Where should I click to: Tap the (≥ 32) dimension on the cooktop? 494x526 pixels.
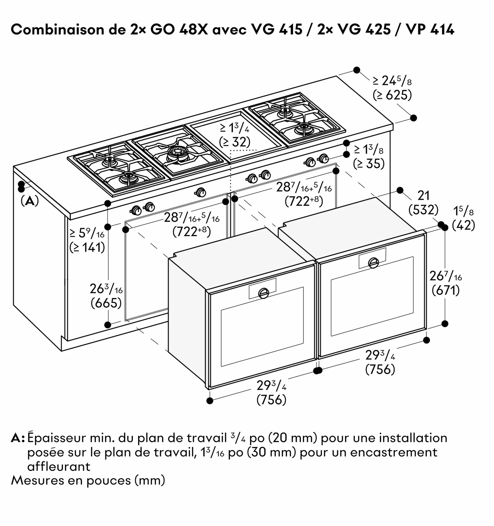235,142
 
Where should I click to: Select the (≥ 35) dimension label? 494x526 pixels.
369,164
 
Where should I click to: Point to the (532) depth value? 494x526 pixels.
423,210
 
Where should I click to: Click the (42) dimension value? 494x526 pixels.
463,225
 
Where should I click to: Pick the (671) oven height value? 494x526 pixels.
446,290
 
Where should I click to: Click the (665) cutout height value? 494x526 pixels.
106,303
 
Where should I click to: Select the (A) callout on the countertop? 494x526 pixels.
30,201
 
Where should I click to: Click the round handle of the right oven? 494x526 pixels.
373,263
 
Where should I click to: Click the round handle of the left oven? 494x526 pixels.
263,293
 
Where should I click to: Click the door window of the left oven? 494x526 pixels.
262,327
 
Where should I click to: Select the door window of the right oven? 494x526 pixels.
371,296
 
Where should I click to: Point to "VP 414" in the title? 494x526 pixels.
430,30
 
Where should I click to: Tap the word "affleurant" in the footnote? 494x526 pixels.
59,467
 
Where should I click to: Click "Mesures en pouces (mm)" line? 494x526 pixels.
88,480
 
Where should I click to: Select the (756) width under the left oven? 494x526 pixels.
271,399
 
